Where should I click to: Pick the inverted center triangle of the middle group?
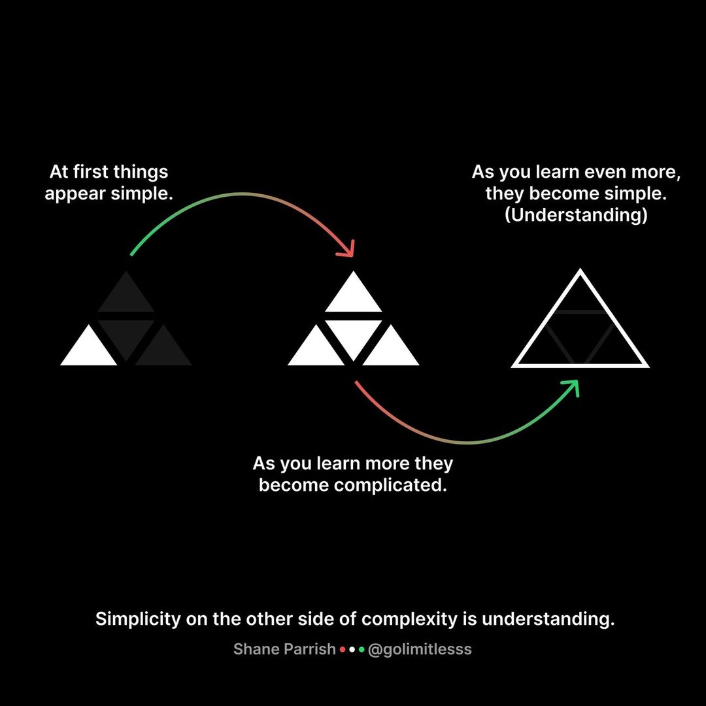click(353, 335)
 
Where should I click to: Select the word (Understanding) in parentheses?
click(576, 216)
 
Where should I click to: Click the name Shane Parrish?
click(285, 649)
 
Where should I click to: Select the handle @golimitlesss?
click(420, 649)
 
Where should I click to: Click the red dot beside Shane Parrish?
click(343, 650)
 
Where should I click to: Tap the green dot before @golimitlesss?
click(361, 650)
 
